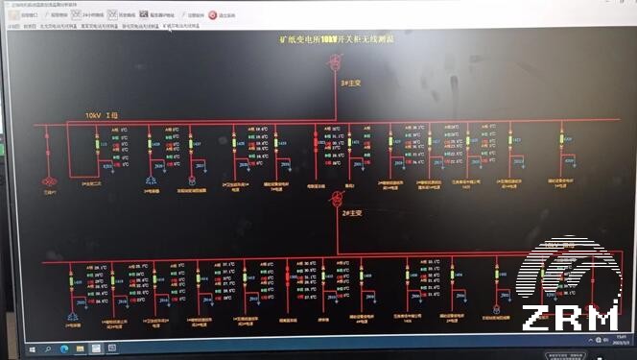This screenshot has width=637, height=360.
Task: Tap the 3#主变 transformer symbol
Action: pyautogui.click(x=336, y=63)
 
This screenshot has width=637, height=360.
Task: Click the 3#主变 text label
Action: pyautogui.click(x=346, y=84)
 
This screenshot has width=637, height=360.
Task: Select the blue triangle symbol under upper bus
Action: pyautogui.click(x=151, y=180)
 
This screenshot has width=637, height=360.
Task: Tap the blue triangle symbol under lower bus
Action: pyautogui.click(x=73, y=317)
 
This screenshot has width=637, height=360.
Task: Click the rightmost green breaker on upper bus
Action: pyautogui.click(x=563, y=141)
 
